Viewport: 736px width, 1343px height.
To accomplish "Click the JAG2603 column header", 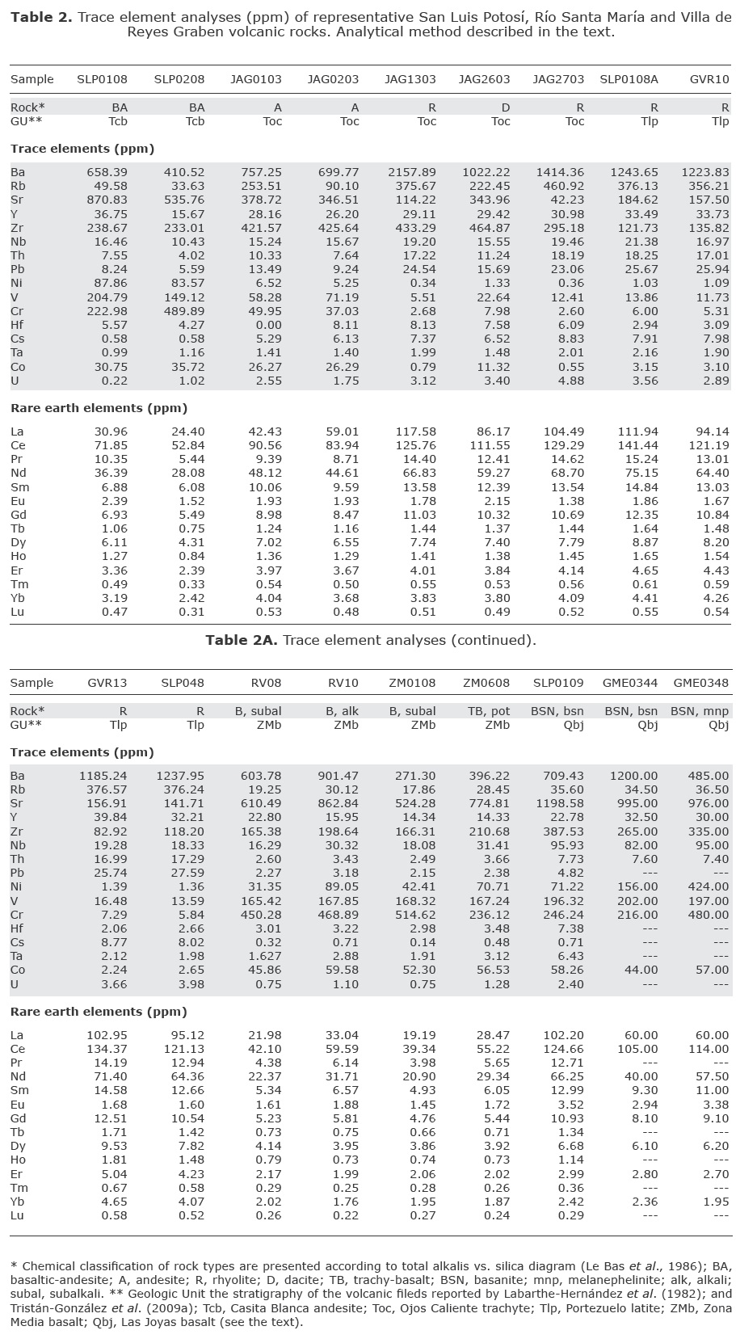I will [484, 79].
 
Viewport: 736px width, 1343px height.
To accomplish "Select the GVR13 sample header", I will [107, 683].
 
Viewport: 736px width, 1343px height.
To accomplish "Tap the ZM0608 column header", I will [486, 683].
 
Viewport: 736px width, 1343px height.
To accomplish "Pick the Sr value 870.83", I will [107, 200].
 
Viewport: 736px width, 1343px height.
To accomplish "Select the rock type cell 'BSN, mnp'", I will [700, 711].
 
